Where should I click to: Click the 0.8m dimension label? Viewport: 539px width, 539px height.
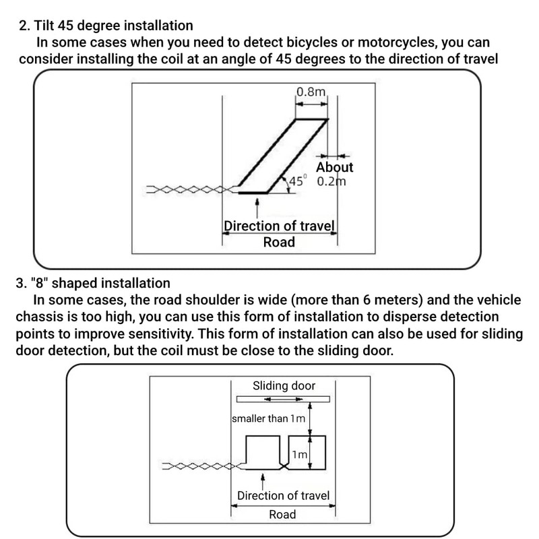click(x=311, y=92)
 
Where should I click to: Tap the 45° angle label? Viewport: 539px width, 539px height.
click(x=297, y=181)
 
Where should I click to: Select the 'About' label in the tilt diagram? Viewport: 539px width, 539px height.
click(x=334, y=167)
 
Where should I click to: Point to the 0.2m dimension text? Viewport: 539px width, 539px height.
click(x=331, y=181)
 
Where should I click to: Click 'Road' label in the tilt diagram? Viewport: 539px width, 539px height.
click(x=279, y=242)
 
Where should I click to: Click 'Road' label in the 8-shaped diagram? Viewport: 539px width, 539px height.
click(x=282, y=515)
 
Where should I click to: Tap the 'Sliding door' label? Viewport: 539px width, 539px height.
click(x=284, y=386)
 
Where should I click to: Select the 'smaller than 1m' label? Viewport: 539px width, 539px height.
click(x=268, y=418)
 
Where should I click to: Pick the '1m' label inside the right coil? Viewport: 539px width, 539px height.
click(x=300, y=455)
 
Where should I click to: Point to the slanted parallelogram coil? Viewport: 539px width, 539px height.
click(x=283, y=156)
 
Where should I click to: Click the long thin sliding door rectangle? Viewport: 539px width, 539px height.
click(x=282, y=399)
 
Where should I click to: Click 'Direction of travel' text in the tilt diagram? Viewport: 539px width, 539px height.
click(x=279, y=226)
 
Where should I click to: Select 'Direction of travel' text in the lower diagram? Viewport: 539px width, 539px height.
click(x=283, y=496)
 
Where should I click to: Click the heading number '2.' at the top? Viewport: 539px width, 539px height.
click(x=24, y=26)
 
